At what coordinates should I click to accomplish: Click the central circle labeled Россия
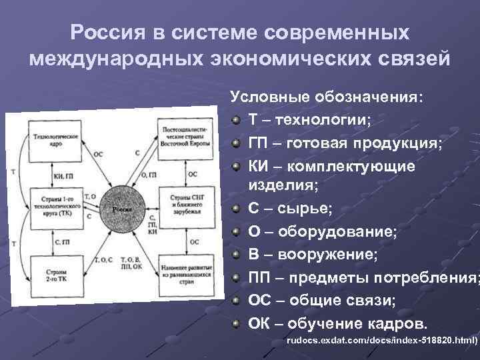[122, 207]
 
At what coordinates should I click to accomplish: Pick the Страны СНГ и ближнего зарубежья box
[187, 202]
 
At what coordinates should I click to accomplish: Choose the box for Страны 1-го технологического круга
[55, 207]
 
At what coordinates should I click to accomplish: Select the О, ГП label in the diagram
[149, 174]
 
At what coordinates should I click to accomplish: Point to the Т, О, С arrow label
[105, 259]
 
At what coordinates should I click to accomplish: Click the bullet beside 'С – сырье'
[237, 209]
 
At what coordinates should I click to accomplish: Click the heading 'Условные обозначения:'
[327, 97]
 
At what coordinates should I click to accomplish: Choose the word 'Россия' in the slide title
[121, 33]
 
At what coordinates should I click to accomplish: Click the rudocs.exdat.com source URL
[382, 341]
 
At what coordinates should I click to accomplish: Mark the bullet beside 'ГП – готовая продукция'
[237, 144]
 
